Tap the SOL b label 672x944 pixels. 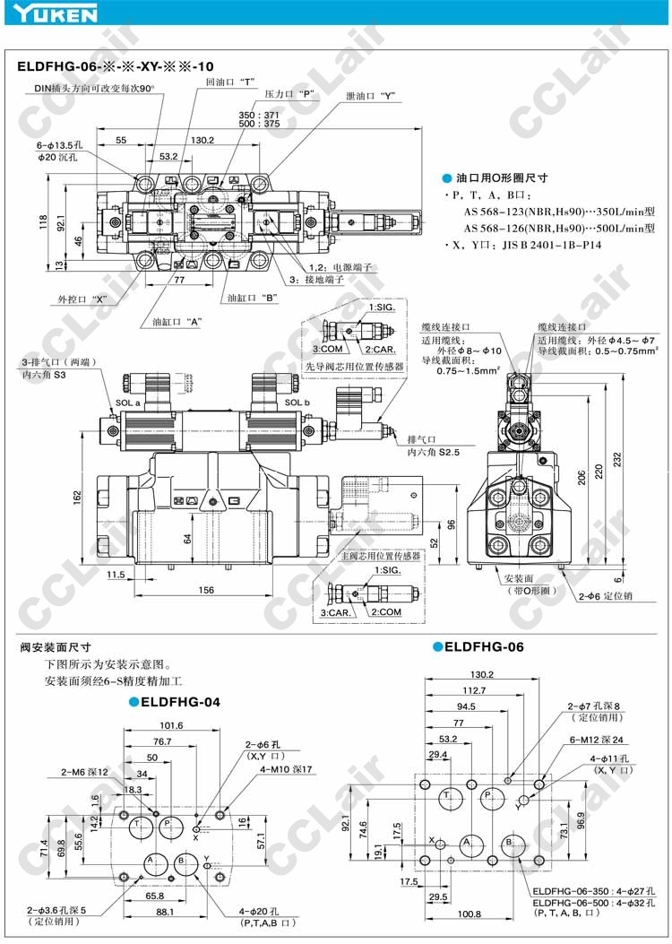pyautogui.click(x=297, y=403)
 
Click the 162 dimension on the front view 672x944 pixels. pyautogui.click(x=77, y=496)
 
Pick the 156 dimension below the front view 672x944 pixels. pyautogui.click(x=205, y=589)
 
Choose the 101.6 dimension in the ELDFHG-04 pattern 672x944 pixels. pyautogui.click(x=171, y=726)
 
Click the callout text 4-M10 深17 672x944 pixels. pyautogui.click(x=286, y=769)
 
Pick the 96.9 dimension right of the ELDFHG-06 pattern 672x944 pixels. pyautogui.click(x=582, y=819)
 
